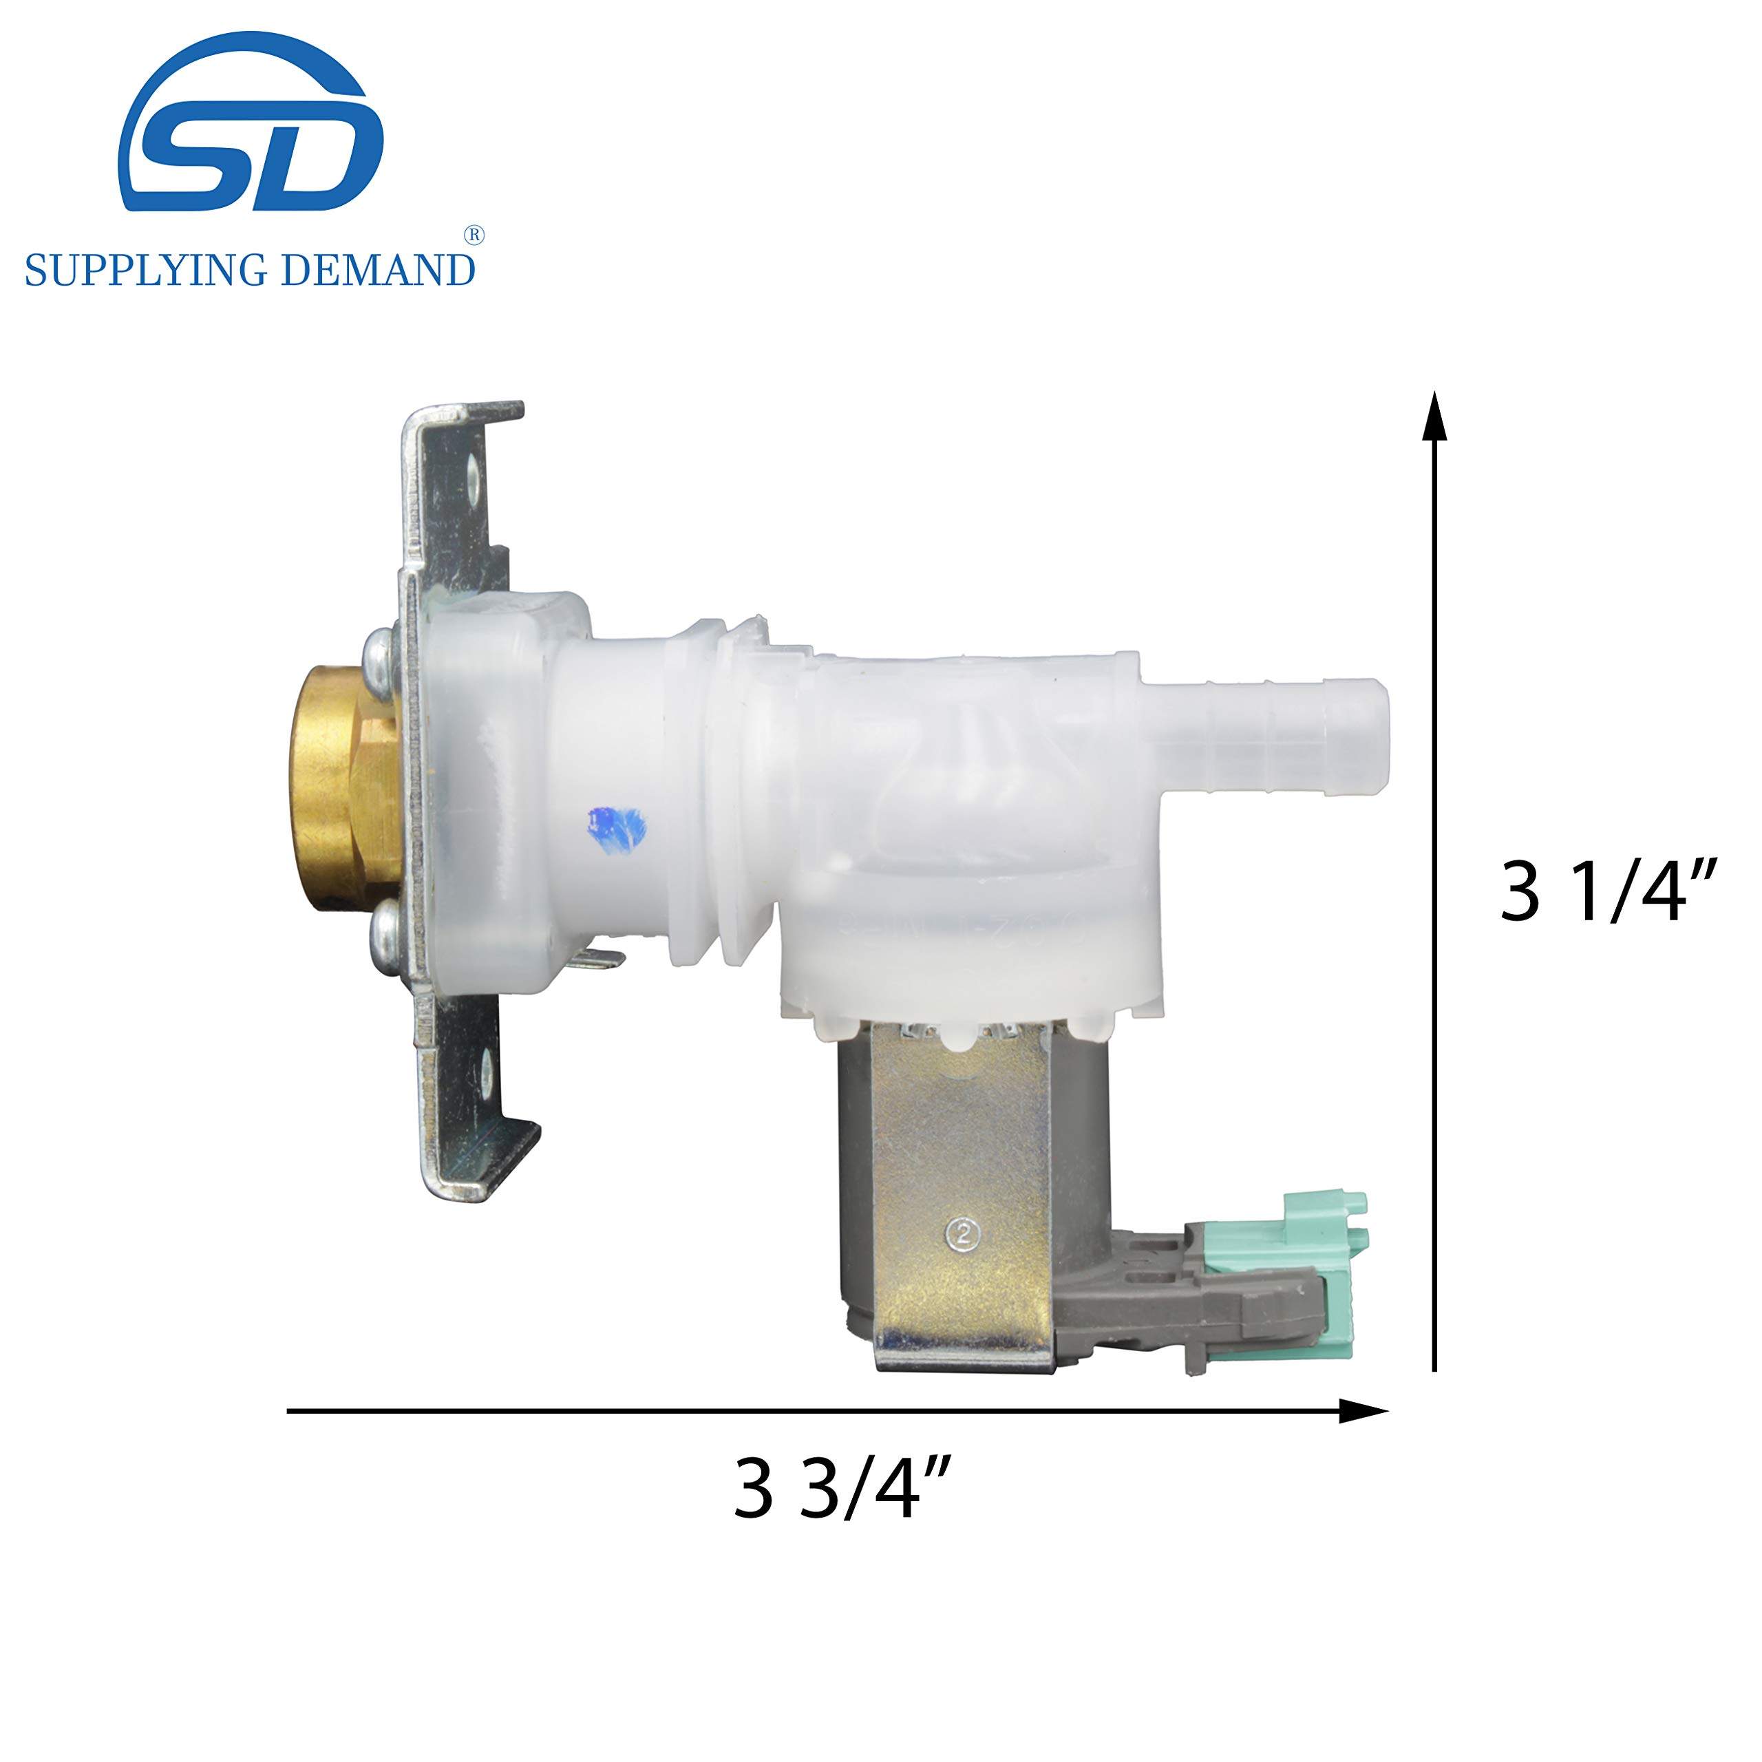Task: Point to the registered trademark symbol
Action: [x=474, y=235]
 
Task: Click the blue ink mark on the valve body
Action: [x=617, y=827]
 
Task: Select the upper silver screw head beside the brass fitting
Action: [x=378, y=650]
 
